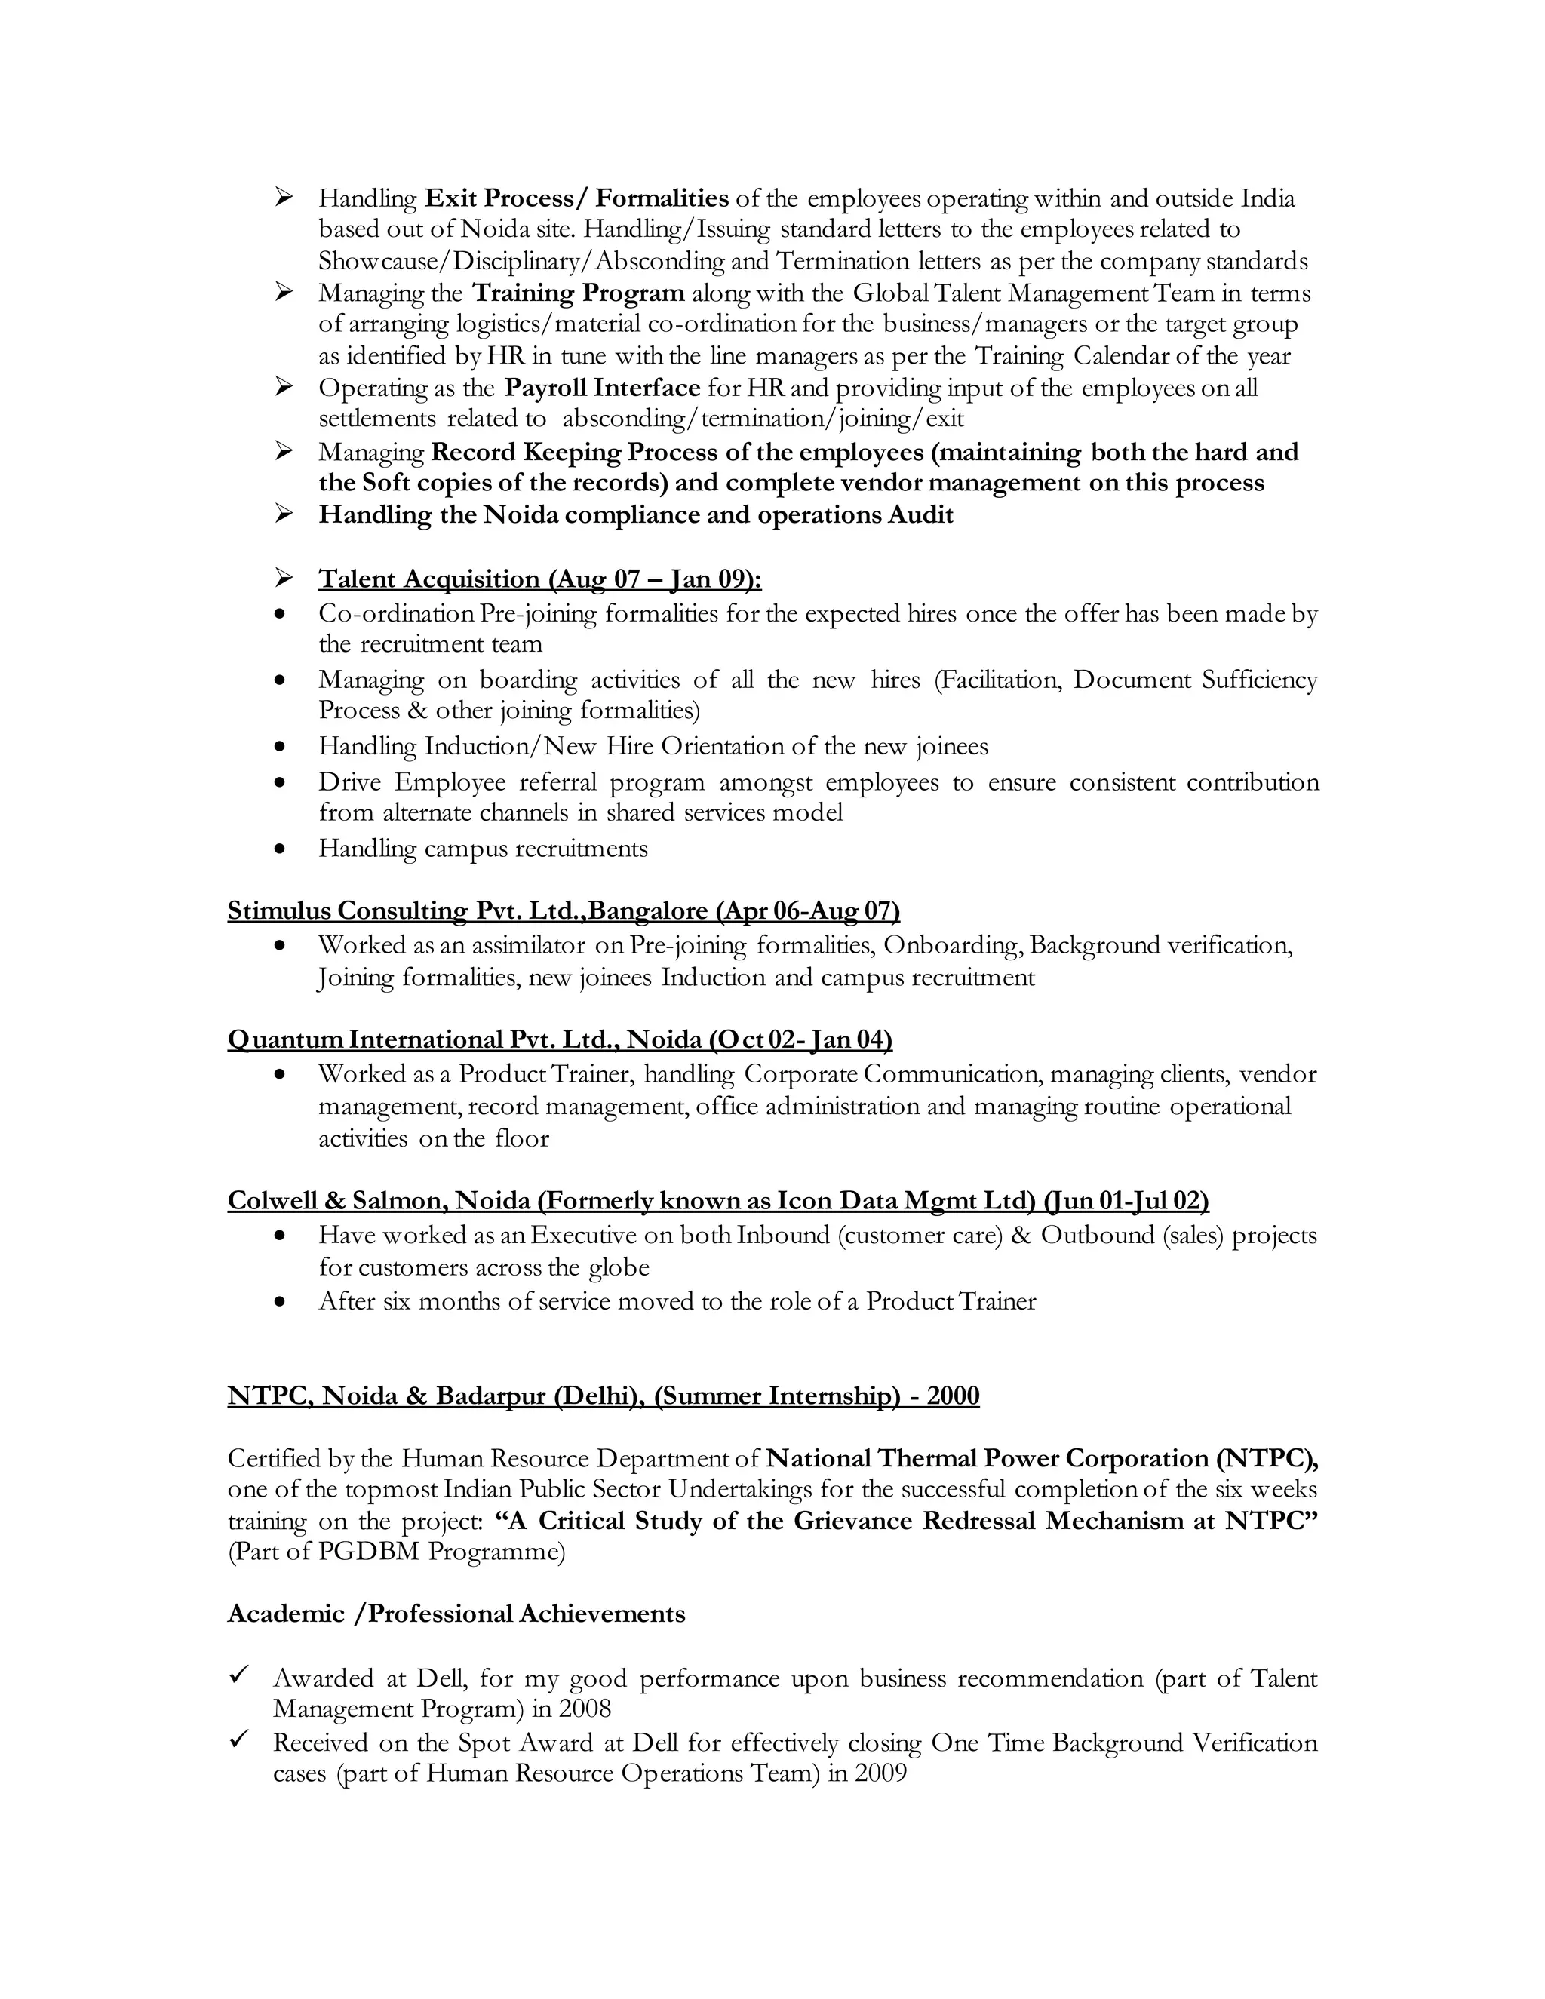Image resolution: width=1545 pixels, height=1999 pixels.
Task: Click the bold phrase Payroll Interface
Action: click(602, 388)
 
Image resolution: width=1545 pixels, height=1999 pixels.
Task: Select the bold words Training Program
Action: click(579, 293)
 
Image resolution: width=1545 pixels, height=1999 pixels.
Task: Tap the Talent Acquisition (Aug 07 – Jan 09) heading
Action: click(540, 579)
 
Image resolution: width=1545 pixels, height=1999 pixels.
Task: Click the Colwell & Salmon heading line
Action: click(717, 1200)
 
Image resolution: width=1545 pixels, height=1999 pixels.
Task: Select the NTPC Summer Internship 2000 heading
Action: click(604, 1396)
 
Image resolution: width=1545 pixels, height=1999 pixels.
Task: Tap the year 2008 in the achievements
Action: click(585, 1709)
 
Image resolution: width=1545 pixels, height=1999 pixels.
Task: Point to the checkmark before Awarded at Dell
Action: click(239, 1674)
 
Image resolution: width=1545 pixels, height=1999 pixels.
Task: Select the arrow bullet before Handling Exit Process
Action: click(284, 197)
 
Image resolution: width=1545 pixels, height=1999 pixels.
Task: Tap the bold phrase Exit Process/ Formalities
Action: click(576, 198)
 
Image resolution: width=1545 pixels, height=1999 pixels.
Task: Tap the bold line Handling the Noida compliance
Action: click(635, 515)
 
